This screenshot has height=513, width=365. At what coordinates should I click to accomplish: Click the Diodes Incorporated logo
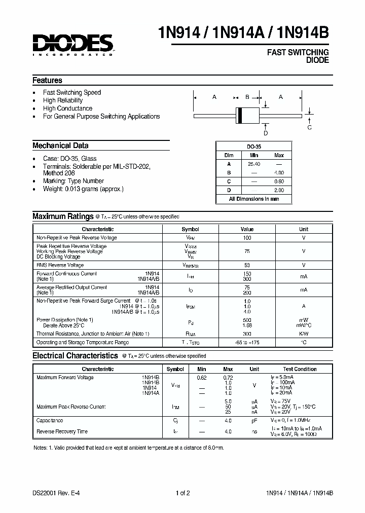point(73,45)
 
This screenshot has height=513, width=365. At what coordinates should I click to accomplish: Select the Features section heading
point(47,80)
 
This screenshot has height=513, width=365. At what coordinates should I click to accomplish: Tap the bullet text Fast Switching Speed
point(71,92)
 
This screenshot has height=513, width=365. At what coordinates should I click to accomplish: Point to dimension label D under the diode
point(265,133)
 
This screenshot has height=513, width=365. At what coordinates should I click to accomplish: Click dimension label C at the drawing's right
point(309,128)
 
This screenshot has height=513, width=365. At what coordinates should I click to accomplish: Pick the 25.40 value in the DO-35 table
point(254,164)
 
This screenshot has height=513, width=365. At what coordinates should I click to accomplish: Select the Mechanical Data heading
point(60,145)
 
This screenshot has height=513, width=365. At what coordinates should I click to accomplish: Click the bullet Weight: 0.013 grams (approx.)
point(83,189)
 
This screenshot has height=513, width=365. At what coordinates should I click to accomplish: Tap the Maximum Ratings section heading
point(63,216)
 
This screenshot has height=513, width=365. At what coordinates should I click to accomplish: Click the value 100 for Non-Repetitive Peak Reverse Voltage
point(247,238)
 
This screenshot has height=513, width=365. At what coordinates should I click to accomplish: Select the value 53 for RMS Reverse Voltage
point(247,265)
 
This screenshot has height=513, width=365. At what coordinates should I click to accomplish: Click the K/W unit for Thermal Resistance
point(303,334)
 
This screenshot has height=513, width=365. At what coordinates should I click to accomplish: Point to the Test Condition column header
point(300,369)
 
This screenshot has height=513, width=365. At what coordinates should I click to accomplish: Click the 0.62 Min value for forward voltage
point(202,378)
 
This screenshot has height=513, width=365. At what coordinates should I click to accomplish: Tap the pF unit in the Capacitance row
point(254,421)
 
